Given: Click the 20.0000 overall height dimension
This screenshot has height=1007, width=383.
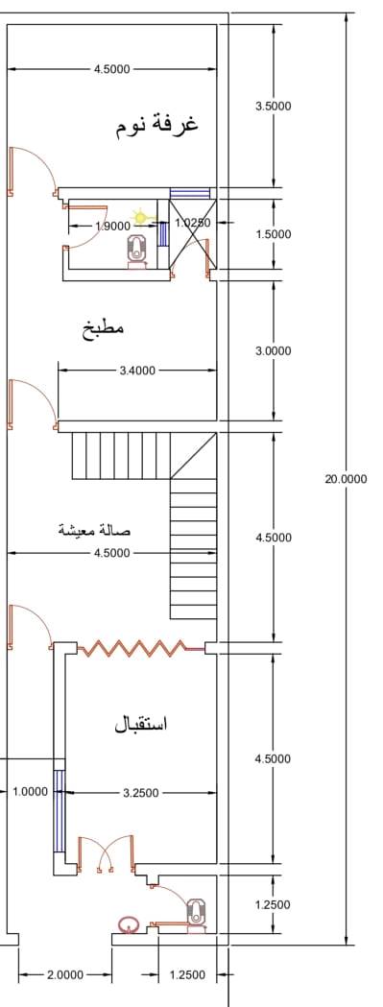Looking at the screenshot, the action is (x=346, y=478).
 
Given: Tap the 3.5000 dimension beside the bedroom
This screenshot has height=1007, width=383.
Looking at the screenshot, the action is (x=274, y=106).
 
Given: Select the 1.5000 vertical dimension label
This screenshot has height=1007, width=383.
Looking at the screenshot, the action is (x=274, y=234).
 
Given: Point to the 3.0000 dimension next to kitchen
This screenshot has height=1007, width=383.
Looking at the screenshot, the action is (x=274, y=351).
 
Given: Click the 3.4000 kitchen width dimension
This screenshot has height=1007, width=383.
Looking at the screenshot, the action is (x=137, y=371).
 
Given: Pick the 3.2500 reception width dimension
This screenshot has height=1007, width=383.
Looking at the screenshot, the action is (x=141, y=793).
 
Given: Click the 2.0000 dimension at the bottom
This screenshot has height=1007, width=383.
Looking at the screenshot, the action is (x=65, y=975).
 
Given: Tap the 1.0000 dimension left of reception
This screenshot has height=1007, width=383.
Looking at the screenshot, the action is (x=30, y=792).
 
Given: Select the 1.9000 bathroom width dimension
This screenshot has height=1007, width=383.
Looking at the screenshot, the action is (x=111, y=226).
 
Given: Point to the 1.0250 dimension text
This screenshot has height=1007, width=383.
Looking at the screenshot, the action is (x=193, y=223).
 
